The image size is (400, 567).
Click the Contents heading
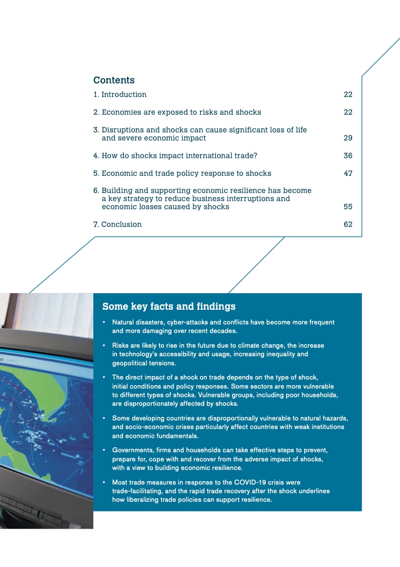114,80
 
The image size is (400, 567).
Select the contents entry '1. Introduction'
120,94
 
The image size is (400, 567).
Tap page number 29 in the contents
348,138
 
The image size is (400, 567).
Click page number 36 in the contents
348,156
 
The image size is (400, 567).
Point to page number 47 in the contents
348,173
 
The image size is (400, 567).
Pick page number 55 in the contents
348,207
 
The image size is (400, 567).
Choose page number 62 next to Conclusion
348,224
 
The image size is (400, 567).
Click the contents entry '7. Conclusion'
118,224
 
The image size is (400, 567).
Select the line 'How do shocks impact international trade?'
180,156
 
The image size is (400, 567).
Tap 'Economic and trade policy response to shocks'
186,173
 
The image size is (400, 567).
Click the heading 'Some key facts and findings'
169,306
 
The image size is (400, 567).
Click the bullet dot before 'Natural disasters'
104,322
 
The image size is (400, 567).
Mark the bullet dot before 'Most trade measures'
104,482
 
